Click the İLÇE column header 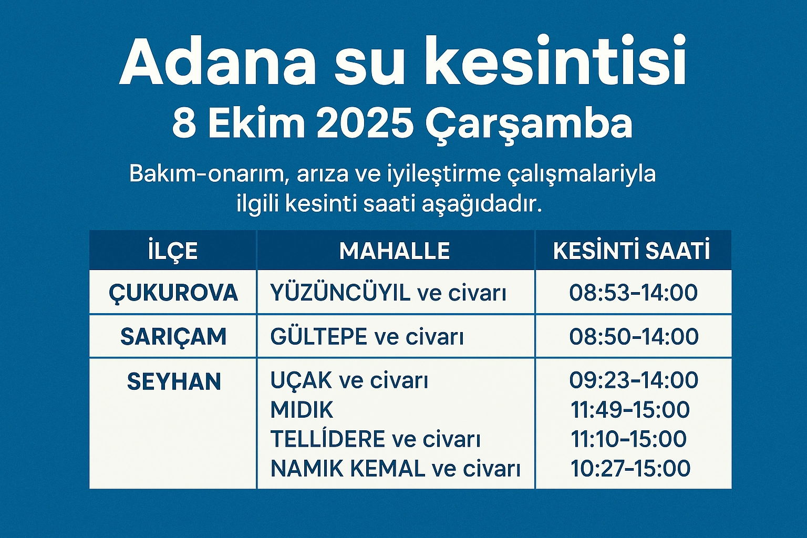pyautogui.click(x=173, y=251)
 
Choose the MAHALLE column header pyautogui.click(x=395, y=251)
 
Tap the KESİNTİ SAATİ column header pyautogui.click(x=631, y=250)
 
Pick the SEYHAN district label pyautogui.click(x=174, y=381)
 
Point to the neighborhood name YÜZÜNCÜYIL pyautogui.click(x=340, y=292)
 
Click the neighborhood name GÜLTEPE pyautogui.click(x=319, y=336)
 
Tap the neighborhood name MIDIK pyautogui.click(x=302, y=409)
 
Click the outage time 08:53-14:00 pyautogui.click(x=633, y=292)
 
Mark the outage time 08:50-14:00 pyautogui.click(x=634, y=336)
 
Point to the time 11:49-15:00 pyautogui.click(x=630, y=410)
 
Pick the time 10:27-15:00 pyautogui.click(x=630, y=469)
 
